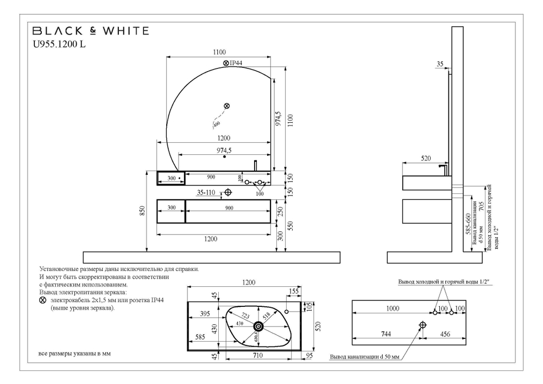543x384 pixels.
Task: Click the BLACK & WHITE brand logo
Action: click(91, 31)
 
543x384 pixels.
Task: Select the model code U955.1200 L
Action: click(60, 45)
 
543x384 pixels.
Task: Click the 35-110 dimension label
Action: click(206, 192)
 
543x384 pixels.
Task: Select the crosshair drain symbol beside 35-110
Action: click(228, 192)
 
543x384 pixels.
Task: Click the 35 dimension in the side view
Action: click(440, 64)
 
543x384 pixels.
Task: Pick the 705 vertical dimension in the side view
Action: click(481, 205)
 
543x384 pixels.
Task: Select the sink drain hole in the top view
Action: click(259, 326)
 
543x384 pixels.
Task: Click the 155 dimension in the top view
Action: click(294, 291)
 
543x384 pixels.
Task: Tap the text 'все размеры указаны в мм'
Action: click(74, 354)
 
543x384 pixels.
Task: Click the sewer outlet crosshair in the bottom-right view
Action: click(423, 325)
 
